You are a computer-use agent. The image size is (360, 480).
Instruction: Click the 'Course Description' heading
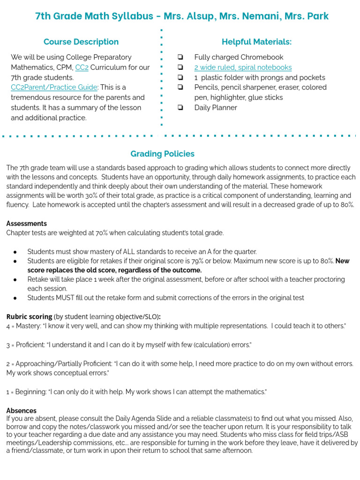tap(81, 42)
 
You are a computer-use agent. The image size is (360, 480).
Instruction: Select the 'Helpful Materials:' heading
tap(256, 42)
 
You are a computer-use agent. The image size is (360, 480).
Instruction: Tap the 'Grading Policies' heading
tap(162, 154)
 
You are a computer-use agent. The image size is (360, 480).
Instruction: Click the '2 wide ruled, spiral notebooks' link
tap(243, 67)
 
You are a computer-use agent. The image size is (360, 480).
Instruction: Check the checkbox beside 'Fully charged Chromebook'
tap(180, 57)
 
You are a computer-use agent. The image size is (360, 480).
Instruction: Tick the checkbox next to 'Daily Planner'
tap(180, 107)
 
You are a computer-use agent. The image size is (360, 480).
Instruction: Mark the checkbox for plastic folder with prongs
tap(180, 77)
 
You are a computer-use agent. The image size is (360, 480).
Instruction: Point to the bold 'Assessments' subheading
tap(26, 224)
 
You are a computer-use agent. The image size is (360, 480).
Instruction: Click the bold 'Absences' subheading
tap(21, 411)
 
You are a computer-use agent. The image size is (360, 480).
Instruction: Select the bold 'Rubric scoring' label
tap(29, 316)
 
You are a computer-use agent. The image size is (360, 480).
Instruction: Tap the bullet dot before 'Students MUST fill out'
tap(15, 298)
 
